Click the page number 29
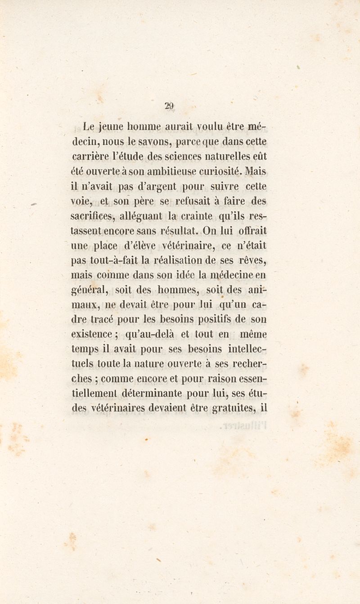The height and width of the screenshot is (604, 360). coord(169,106)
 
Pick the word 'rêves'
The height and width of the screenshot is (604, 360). coord(252,260)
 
